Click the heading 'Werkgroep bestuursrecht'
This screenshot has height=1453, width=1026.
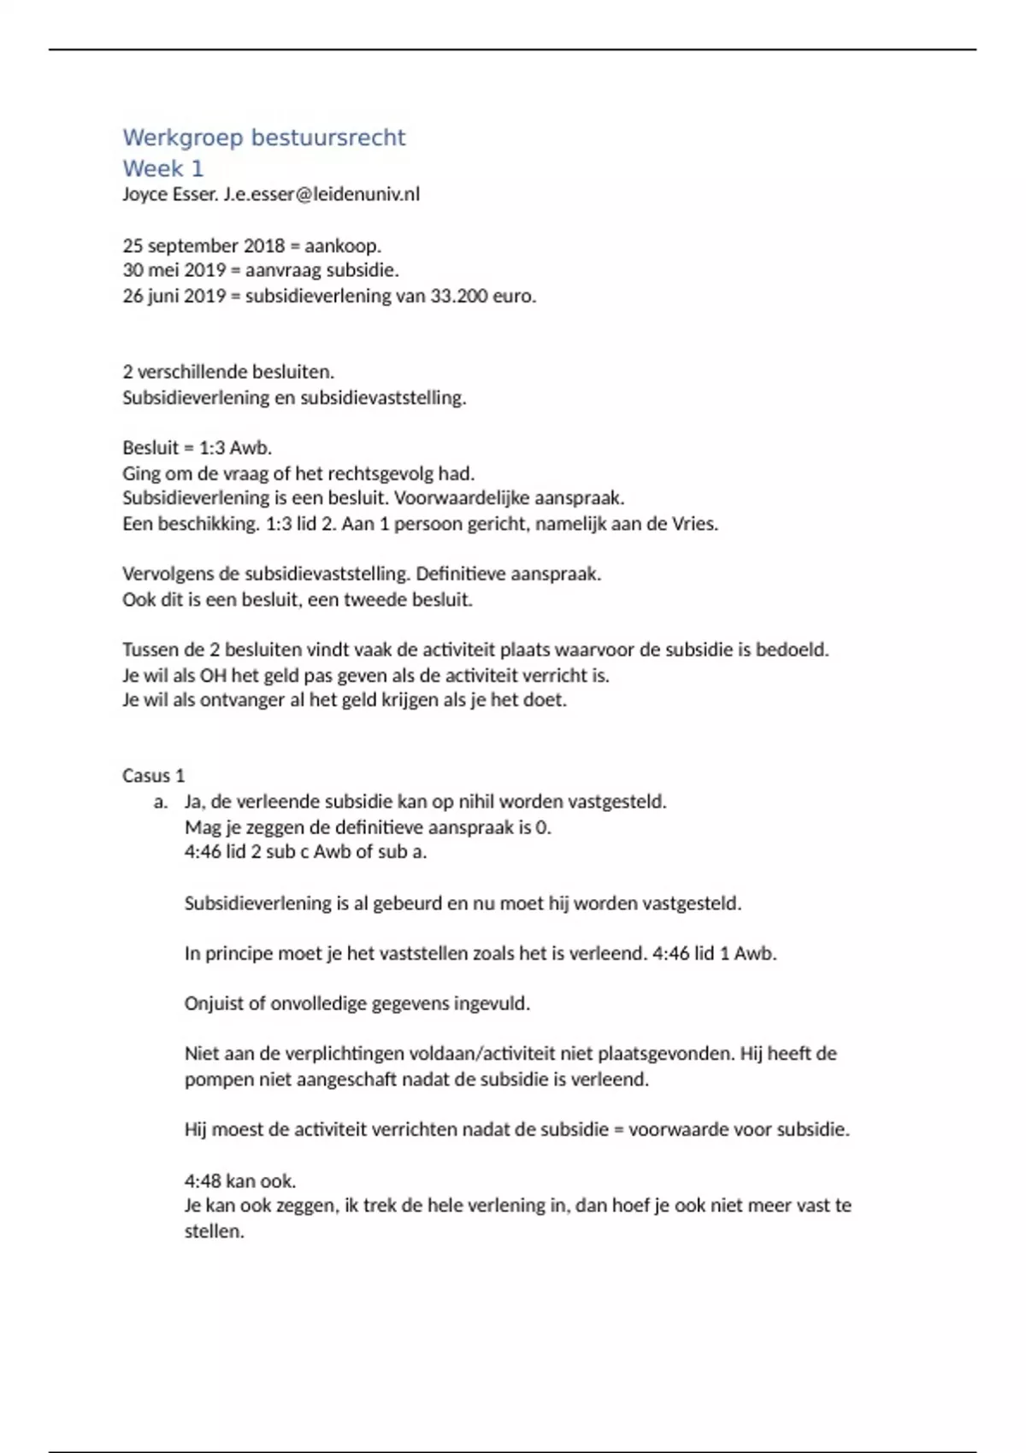coord(263,138)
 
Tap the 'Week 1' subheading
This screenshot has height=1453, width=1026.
coord(162,168)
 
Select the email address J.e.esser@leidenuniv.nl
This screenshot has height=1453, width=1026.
coord(321,195)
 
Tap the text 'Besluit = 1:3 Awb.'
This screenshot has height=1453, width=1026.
coord(197,448)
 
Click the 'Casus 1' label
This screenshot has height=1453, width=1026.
coord(153,776)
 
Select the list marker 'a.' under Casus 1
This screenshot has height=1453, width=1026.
coord(161,802)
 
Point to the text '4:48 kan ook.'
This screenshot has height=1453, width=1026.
coord(239,1181)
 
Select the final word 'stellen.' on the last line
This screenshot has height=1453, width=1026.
coord(214,1232)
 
